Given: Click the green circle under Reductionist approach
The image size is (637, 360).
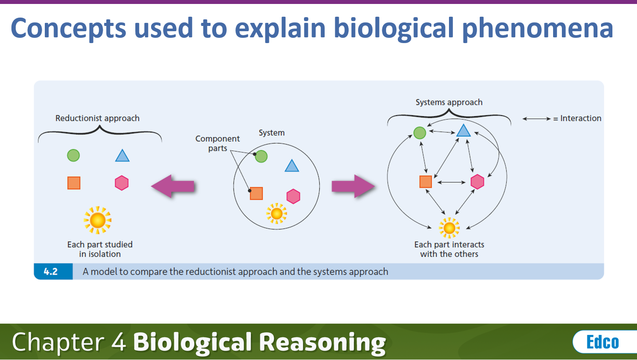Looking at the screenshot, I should pos(73,155).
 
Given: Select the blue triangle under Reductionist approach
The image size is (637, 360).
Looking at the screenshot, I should pos(122,156).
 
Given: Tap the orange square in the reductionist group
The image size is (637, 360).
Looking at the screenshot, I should pos(74,183).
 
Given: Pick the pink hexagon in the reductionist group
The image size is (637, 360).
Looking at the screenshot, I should pos(122,183).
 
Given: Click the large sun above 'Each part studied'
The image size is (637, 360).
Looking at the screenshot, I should pos(98,220).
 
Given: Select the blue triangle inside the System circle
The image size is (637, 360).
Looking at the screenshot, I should pos(292,166).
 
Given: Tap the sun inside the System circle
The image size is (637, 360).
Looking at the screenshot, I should pos(276,214).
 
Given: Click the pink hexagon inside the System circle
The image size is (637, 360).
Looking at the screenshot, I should pos(293,196).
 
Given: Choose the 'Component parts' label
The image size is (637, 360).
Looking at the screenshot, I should pos(217,143).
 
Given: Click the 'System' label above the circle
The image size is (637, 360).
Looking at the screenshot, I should pos(271,133).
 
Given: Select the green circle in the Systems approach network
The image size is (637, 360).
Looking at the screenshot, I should pos(420,132).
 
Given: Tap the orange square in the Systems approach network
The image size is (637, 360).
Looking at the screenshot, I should pos(425,182).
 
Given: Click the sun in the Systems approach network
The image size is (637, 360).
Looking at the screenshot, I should pos(449,228).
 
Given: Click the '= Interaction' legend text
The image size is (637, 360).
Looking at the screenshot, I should pos(577,118).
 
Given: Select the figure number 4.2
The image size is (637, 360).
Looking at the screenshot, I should pos(51,272).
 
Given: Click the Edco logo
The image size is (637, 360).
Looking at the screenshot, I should pos(602,342).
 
